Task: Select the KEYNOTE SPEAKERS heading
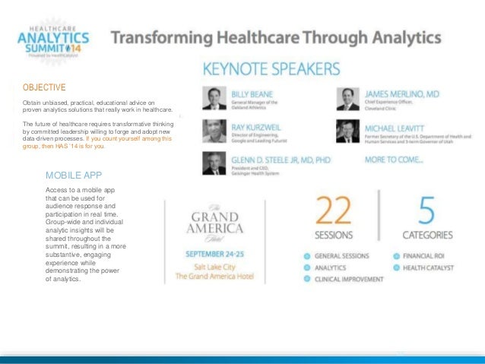pyautogui.click(x=271, y=70)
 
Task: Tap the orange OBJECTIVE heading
pyautogui.click(x=44, y=87)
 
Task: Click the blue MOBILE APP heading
pyautogui.click(x=74, y=176)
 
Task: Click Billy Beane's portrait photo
pyautogui.click(x=214, y=99)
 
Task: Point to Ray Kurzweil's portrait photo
pyautogui.click(x=214, y=131)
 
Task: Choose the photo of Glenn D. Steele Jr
pyautogui.click(x=214, y=163)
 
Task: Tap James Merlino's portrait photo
pyautogui.click(x=348, y=99)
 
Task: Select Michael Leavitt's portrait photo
pyautogui.click(x=348, y=131)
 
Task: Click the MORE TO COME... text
pyautogui.click(x=395, y=160)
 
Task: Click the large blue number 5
pyautogui.click(x=428, y=211)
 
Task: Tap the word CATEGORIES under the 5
pyautogui.click(x=427, y=236)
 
